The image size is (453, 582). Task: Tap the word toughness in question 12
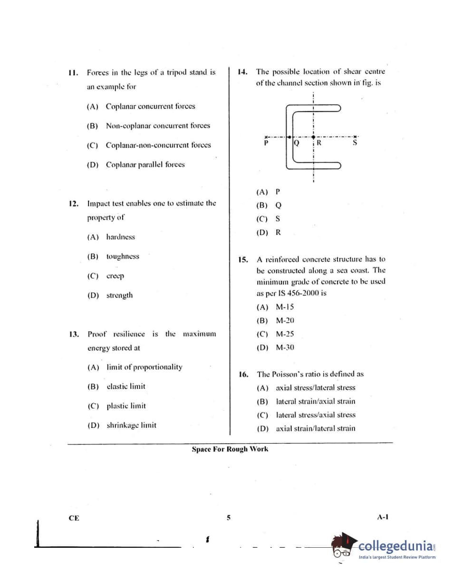click(x=123, y=256)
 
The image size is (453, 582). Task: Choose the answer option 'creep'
click(x=115, y=276)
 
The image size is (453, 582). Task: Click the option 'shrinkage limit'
click(x=131, y=425)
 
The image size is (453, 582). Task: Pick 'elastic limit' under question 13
click(x=126, y=387)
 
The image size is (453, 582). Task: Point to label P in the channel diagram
click(x=266, y=142)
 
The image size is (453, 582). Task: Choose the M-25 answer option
click(x=285, y=334)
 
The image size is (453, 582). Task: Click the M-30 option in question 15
click(x=285, y=348)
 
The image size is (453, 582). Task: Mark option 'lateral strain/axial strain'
click(x=315, y=401)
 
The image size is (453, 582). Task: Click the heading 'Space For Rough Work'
click(x=230, y=449)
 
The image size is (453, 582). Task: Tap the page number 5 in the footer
click(x=228, y=518)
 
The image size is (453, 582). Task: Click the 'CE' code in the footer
click(x=74, y=518)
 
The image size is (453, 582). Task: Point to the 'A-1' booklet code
click(x=383, y=517)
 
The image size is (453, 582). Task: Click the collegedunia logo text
click(x=396, y=545)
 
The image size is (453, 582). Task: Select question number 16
click(x=243, y=375)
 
